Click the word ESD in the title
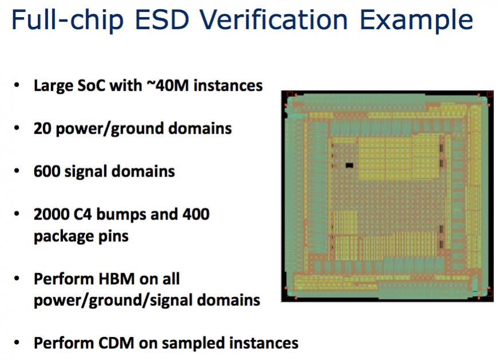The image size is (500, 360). (163, 20)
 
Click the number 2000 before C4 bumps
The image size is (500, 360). (52, 214)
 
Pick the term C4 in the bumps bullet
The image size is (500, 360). (82, 214)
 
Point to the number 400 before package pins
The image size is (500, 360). (196, 214)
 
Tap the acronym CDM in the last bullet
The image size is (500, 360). (116, 343)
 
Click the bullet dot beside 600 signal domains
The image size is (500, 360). (17, 171)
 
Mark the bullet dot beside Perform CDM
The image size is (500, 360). (17, 343)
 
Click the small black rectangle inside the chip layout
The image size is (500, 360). (350, 165)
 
